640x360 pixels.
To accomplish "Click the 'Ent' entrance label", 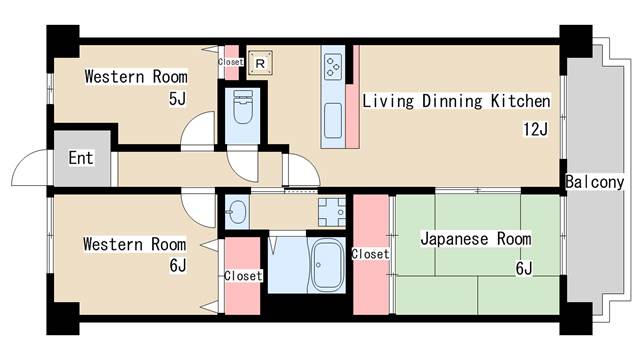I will [81, 158].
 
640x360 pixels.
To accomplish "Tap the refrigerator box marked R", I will [260, 63].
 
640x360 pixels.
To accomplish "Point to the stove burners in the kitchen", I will [333, 66].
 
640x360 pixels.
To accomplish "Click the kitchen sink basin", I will [333, 123].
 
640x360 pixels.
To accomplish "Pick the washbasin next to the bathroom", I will [235, 211].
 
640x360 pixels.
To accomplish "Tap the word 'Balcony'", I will [594, 182].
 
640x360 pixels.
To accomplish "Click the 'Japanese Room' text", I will [475, 240].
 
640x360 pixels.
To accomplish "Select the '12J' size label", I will [535, 128].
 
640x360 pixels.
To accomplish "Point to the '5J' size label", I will [178, 99].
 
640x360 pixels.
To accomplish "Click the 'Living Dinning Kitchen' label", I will [456, 101].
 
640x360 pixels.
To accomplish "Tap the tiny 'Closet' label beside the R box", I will [231, 62].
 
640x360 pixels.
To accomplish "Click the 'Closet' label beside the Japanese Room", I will [370, 254].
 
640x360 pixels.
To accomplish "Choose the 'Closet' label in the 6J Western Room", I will [243, 275].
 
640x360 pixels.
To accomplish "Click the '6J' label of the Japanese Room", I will [524, 267].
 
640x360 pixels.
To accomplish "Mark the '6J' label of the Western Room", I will [178, 266].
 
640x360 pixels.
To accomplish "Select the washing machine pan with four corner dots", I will [331, 211].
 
